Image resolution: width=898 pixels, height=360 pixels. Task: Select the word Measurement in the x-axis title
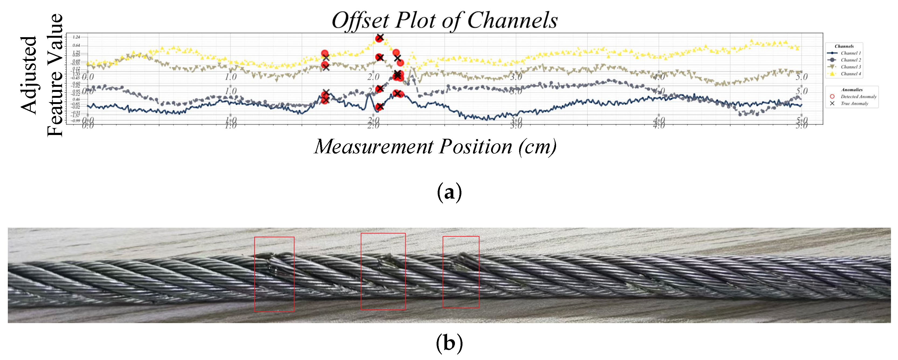pos(373,146)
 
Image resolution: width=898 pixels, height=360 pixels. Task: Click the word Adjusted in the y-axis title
pos(29,75)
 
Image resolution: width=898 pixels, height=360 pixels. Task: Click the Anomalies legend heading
pos(852,89)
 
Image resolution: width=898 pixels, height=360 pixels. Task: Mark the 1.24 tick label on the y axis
pos(76,37)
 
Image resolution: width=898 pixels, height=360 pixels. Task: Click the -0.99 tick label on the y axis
pos(76,120)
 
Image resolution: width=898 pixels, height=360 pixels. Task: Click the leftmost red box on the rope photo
pos(274,274)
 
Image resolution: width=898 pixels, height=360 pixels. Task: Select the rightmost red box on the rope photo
pos(461,272)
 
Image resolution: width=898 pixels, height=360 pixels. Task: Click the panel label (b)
pos(449,344)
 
